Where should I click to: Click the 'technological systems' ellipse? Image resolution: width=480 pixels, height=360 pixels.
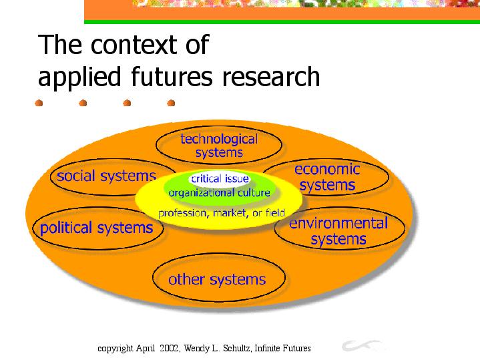(x=219, y=145)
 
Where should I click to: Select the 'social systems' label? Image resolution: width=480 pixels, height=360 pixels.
(x=107, y=176)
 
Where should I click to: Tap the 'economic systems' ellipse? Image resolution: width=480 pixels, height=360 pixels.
(x=326, y=177)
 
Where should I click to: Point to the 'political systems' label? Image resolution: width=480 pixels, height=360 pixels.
(x=96, y=228)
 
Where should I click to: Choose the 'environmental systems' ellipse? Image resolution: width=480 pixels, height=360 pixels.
(x=340, y=228)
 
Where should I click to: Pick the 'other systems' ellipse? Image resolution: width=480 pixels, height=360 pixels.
(x=219, y=278)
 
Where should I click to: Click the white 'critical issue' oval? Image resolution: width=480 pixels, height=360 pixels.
(x=220, y=178)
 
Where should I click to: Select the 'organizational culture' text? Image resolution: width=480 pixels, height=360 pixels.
(x=219, y=193)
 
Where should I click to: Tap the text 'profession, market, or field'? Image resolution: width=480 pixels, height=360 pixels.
(x=222, y=213)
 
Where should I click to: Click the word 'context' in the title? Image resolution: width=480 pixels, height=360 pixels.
(x=134, y=45)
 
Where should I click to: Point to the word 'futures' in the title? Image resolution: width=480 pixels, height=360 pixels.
(x=172, y=76)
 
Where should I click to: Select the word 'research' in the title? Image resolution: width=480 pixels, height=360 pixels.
(x=271, y=76)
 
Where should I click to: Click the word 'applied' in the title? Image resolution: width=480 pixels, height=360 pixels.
(x=79, y=77)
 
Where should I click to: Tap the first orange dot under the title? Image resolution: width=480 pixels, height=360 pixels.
(x=39, y=103)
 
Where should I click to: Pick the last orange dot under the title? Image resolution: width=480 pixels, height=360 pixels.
(x=171, y=103)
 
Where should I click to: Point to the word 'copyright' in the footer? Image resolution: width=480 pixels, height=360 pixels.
(x=115, y=349)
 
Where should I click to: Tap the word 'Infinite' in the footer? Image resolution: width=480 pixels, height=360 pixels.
(x=267, y=348)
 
